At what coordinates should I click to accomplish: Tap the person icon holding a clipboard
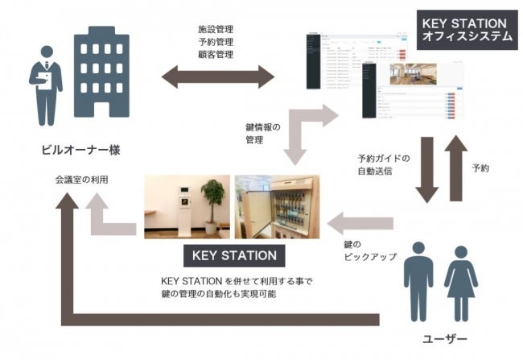point(46,81)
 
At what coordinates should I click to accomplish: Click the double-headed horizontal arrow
point(218,78)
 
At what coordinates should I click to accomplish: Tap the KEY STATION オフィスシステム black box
point(465,29)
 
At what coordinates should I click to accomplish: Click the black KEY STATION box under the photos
point(234,256)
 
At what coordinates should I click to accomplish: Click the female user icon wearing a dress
point(460,279)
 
